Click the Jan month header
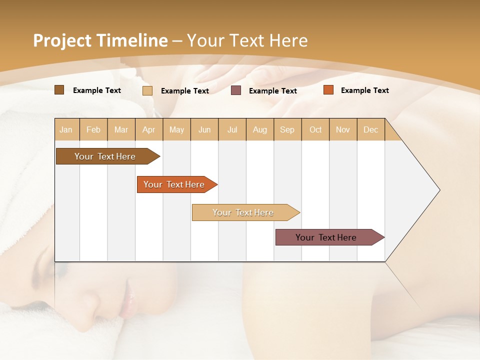(66, 129)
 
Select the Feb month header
(93, 129)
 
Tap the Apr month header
(148, 129)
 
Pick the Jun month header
(204, 129)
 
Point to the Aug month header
(259, 129)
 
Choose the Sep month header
(287, 129)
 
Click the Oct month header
(315, 129)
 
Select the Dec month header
(370, 129)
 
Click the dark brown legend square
(59, 90)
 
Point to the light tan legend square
(147, 90)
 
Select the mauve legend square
(236, 90)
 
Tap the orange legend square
(328, 90)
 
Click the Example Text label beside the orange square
(364, 90)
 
